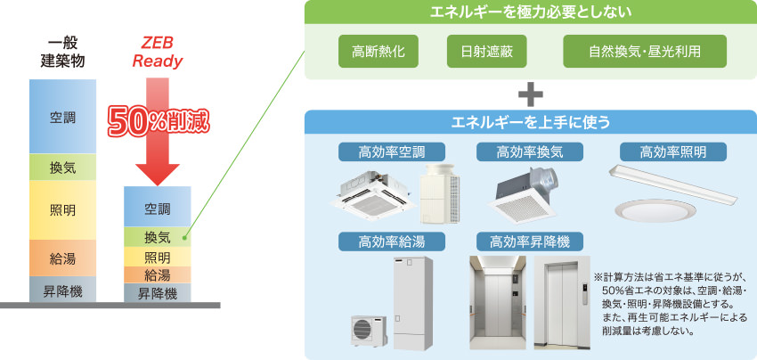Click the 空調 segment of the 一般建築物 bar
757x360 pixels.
coord(62,116)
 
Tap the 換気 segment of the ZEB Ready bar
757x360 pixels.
coord(158,237)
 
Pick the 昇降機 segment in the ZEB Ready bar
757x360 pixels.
coord(158,292)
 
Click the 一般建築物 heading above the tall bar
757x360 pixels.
coord(62,52)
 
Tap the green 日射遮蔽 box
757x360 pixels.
coord(486,51)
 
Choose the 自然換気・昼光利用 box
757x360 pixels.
coord(645,51)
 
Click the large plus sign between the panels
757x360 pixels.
coord(530,94)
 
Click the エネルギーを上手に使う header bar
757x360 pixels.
coord(530,121)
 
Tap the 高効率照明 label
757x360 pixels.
coord(672,151)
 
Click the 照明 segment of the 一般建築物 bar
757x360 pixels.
coord(62,210)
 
